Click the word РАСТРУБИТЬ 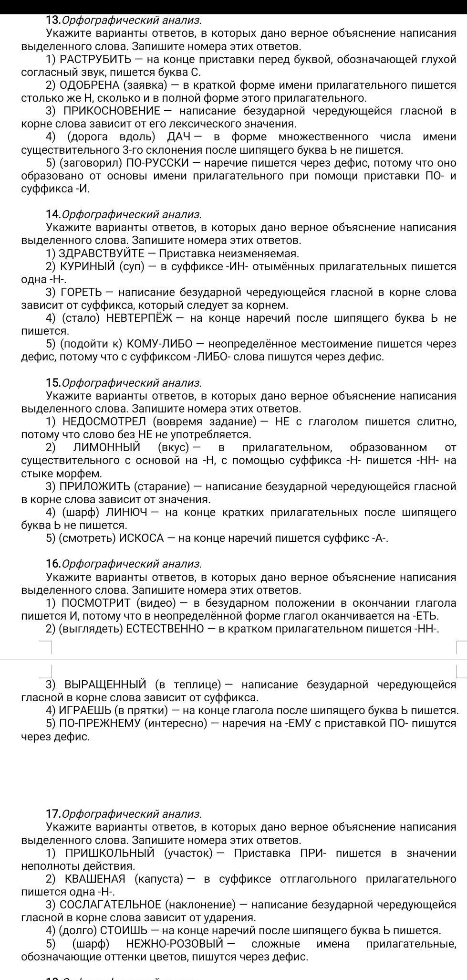point(95,60)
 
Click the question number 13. point(53,20)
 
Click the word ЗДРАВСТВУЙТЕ point(101,253)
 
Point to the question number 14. point(53,214)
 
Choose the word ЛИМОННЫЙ point(107,447)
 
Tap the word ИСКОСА point(141,538)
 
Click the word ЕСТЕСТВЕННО point(165,629)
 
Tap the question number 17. point(53,814)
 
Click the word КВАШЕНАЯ point(95,879)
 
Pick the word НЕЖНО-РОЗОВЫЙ point(175,944)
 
